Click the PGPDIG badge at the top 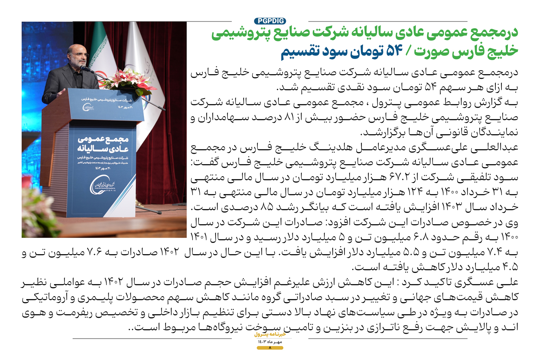click(270, 21)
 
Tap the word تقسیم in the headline click(300, 51)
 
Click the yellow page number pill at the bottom click(270, 348)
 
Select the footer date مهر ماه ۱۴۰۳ click(270, 342)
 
